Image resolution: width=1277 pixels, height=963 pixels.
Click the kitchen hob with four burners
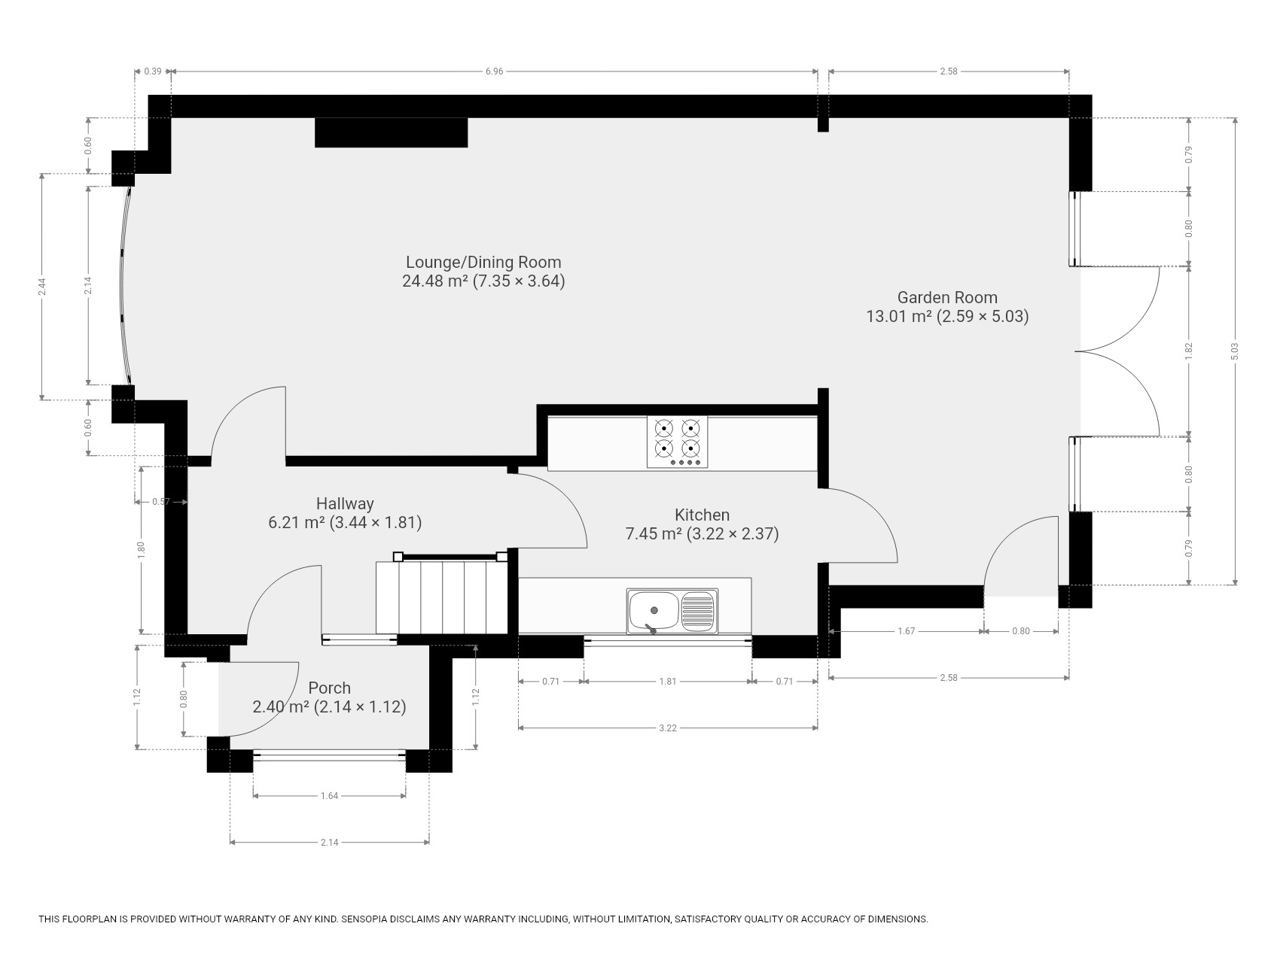coord(678,442)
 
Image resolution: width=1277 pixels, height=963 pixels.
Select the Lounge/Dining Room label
coord(483,263)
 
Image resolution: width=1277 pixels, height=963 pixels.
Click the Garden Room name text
coord(947,297)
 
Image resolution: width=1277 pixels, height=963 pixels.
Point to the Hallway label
coord(345,503)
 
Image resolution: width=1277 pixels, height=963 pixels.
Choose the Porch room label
coord(330,688)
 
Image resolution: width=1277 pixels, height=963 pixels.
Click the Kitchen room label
coord(702,515)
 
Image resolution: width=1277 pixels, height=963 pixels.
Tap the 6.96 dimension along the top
coord(494,71)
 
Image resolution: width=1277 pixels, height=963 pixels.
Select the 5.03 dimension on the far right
coord(1235,351)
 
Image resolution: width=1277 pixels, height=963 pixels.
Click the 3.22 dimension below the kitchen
coord(668,728)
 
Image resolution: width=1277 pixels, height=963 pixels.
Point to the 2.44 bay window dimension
coord(43,287)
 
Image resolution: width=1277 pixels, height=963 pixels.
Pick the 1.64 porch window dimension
coord(329,796)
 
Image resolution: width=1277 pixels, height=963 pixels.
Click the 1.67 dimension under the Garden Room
coord(907,631)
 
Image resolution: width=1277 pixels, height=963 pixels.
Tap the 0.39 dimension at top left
coord(153,71)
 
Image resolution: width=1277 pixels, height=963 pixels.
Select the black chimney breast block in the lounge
coord(391,132)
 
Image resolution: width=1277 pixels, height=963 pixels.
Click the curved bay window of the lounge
coord(124,286)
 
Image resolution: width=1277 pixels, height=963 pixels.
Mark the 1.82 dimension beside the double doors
coord(1189,351)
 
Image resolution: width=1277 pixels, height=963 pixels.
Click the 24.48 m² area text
coord(435,281)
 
